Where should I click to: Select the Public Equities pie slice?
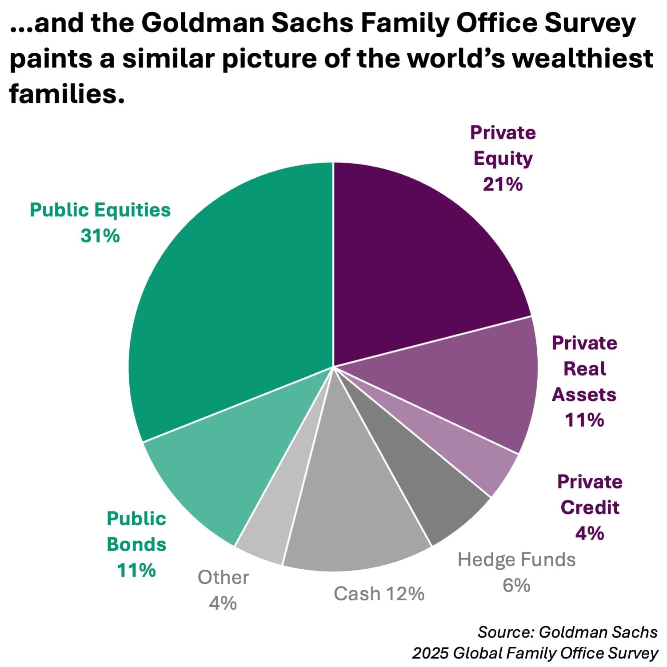click(231, 302)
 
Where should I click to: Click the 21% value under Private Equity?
click(503, 184)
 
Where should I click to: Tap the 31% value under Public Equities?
click(100, 236)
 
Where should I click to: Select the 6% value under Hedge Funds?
click(516, 585)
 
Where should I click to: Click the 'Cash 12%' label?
click(379, 594)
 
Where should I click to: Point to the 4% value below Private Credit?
click(589, 533)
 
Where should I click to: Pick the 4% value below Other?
click(223, 603)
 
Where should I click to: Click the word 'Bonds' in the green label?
click(136, 544)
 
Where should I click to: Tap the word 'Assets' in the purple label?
click(584, 395)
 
